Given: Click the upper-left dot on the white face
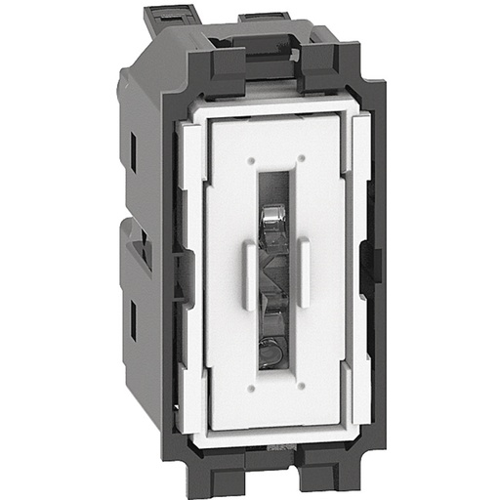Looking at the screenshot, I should (x=250, y=157).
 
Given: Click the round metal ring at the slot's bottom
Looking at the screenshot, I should (x=275, y=344).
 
